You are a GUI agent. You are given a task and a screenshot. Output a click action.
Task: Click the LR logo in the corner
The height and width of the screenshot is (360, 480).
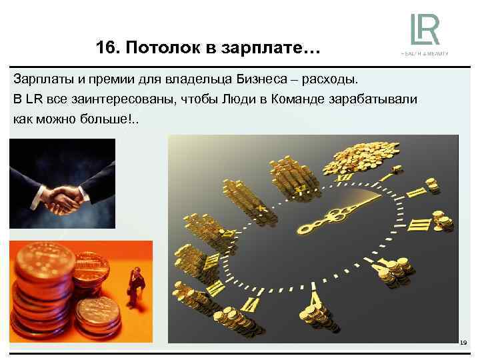pyautogui.click(x=425, y=29)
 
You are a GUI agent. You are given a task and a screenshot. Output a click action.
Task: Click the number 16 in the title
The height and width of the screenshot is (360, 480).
pyautogui.click(x=105, y=49)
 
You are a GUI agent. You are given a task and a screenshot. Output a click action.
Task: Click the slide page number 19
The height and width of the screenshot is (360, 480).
pyautogui.click(x=463, y=343)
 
